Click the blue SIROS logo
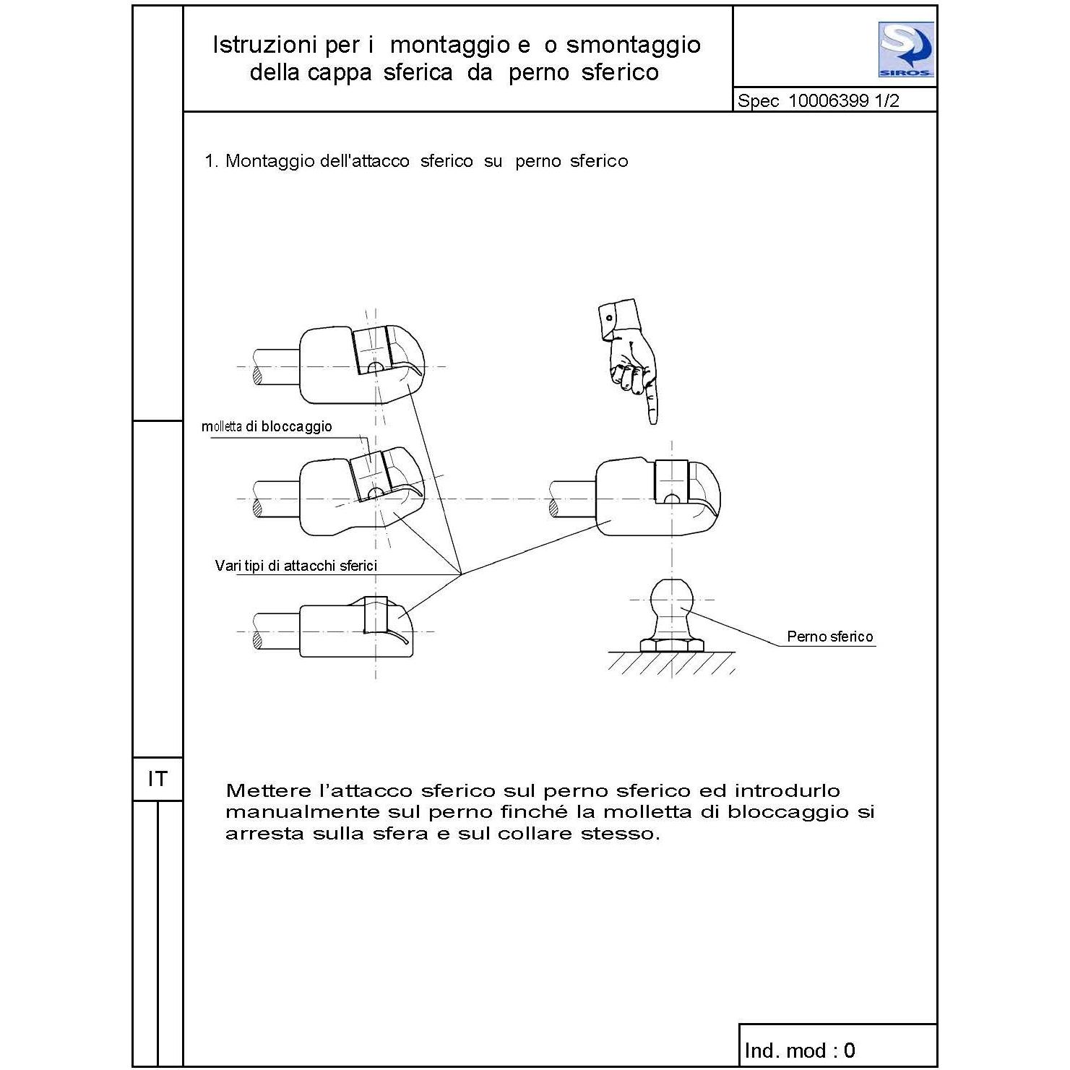click(906, 49)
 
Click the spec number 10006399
click(828, 100)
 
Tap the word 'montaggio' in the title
click(450, 45)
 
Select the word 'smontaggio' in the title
click(634, 45)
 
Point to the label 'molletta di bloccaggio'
click(267, 426)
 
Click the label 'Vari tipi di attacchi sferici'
click(296, 566)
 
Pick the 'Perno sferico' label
click(830, 637)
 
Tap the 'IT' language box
click(158, 779)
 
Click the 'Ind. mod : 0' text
click(800, 1050)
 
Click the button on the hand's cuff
click(609, 318)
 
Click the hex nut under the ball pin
click(672, 645)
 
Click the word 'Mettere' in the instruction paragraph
click(267, 790)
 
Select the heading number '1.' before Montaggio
click(212, 161)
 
